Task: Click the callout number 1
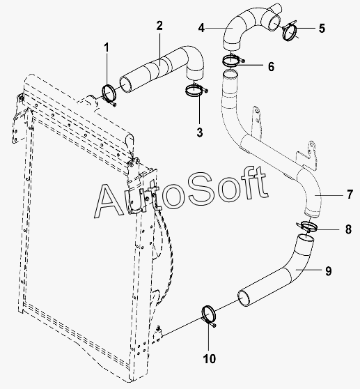tap(107, 47)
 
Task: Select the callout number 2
tap(159, 26)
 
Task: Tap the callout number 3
tap(200, 132)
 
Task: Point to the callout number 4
tap(201, 28)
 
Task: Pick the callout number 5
tap(322, 29)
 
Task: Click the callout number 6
tap(272, 66)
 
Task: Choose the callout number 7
tap(350, 194)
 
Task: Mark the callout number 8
tap(348, 229)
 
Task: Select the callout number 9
tap(329, 270)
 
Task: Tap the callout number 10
tap(210, 359)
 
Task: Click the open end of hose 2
tap(126, 84)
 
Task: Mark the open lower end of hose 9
tap(244, 298)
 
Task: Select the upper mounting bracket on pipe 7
tap(257, 121)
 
